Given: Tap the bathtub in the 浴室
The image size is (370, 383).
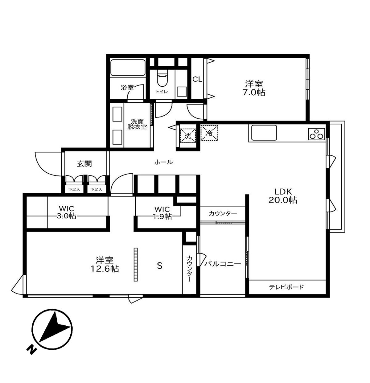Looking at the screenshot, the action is tap(128, 68).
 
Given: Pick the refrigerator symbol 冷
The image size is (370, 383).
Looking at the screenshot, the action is tap(209, 133).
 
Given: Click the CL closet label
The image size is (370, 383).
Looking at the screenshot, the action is tap(197, 79).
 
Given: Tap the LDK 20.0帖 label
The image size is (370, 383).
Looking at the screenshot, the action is tap(283, 196).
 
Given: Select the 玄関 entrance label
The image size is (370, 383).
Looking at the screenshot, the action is tap(84, 163).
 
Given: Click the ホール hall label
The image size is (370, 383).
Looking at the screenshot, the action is tap(163, 162).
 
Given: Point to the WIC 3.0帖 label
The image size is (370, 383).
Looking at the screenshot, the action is tap(67, 212).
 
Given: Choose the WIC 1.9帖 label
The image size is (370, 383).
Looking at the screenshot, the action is tap(162, 213).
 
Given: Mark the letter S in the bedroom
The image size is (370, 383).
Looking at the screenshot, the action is tap(160, 266).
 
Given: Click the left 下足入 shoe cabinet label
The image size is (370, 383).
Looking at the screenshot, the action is tap(74, 190).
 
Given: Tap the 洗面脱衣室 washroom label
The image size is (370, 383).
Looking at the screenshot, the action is tap(137, 124).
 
